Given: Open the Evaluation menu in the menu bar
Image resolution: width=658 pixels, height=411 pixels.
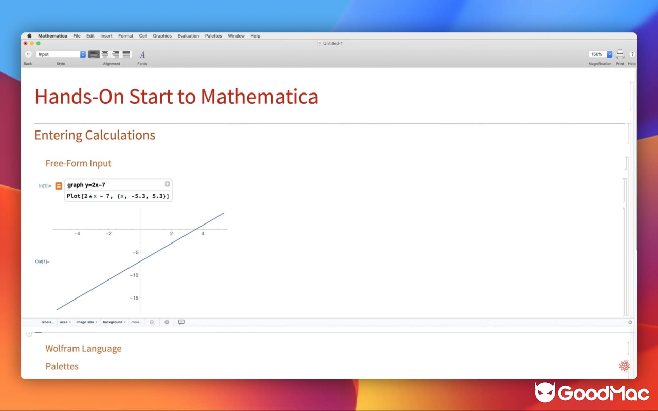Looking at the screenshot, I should (188, 36).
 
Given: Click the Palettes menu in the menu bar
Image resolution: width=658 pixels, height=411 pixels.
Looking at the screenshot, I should (213, 36).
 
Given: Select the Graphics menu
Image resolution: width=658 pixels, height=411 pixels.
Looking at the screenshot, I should (162, 36).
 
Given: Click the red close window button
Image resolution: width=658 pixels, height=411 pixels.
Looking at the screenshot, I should (26, 43).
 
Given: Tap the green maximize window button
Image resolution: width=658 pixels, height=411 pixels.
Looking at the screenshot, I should (38, 43).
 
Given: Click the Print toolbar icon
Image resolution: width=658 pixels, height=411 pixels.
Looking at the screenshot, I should (620, 54).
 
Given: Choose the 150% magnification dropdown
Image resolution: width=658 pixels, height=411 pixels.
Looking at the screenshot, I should (600, 54).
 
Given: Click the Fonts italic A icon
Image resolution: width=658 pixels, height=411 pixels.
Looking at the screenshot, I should (142, 54).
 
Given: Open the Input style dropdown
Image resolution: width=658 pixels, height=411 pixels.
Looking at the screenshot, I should (61, 54).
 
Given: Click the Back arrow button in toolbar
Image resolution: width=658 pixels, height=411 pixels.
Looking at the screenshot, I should (28, 54).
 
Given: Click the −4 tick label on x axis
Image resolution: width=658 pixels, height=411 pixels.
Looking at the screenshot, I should (77, 234).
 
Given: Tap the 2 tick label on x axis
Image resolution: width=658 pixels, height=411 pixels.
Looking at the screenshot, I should (171, 234).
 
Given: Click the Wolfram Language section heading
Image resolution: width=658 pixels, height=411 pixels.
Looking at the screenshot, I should (83, 349).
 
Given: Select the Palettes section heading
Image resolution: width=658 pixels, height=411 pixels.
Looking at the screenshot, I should (62, 366).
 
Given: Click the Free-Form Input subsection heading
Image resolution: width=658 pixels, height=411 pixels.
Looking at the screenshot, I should (78, 163).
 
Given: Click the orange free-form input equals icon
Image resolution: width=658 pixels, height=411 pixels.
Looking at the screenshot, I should (59, 185).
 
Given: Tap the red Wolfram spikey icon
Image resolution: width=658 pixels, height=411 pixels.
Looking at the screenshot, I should (624, 365).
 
